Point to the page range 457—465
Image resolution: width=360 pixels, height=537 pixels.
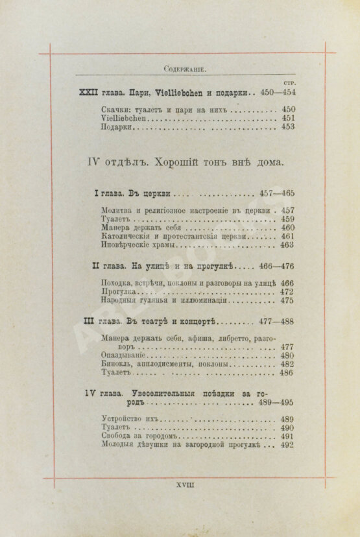pyautogui.click(x=277, y=193)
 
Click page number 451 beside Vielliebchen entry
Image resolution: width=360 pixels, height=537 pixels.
pyautogui.click(x=287, y=119)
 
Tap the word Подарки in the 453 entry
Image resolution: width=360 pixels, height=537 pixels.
pyautogui.click(x=117, y=128)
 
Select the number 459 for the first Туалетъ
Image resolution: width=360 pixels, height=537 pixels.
pyautogui.click(x=287, y=219)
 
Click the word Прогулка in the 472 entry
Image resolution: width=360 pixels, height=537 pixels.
pyautogui.click(x=120, y=292)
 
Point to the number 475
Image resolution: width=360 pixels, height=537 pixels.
pyautogui.click(x=287, y=301)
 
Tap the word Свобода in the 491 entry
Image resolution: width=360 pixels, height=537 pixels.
pyautogui.click(x=118, y=436)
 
